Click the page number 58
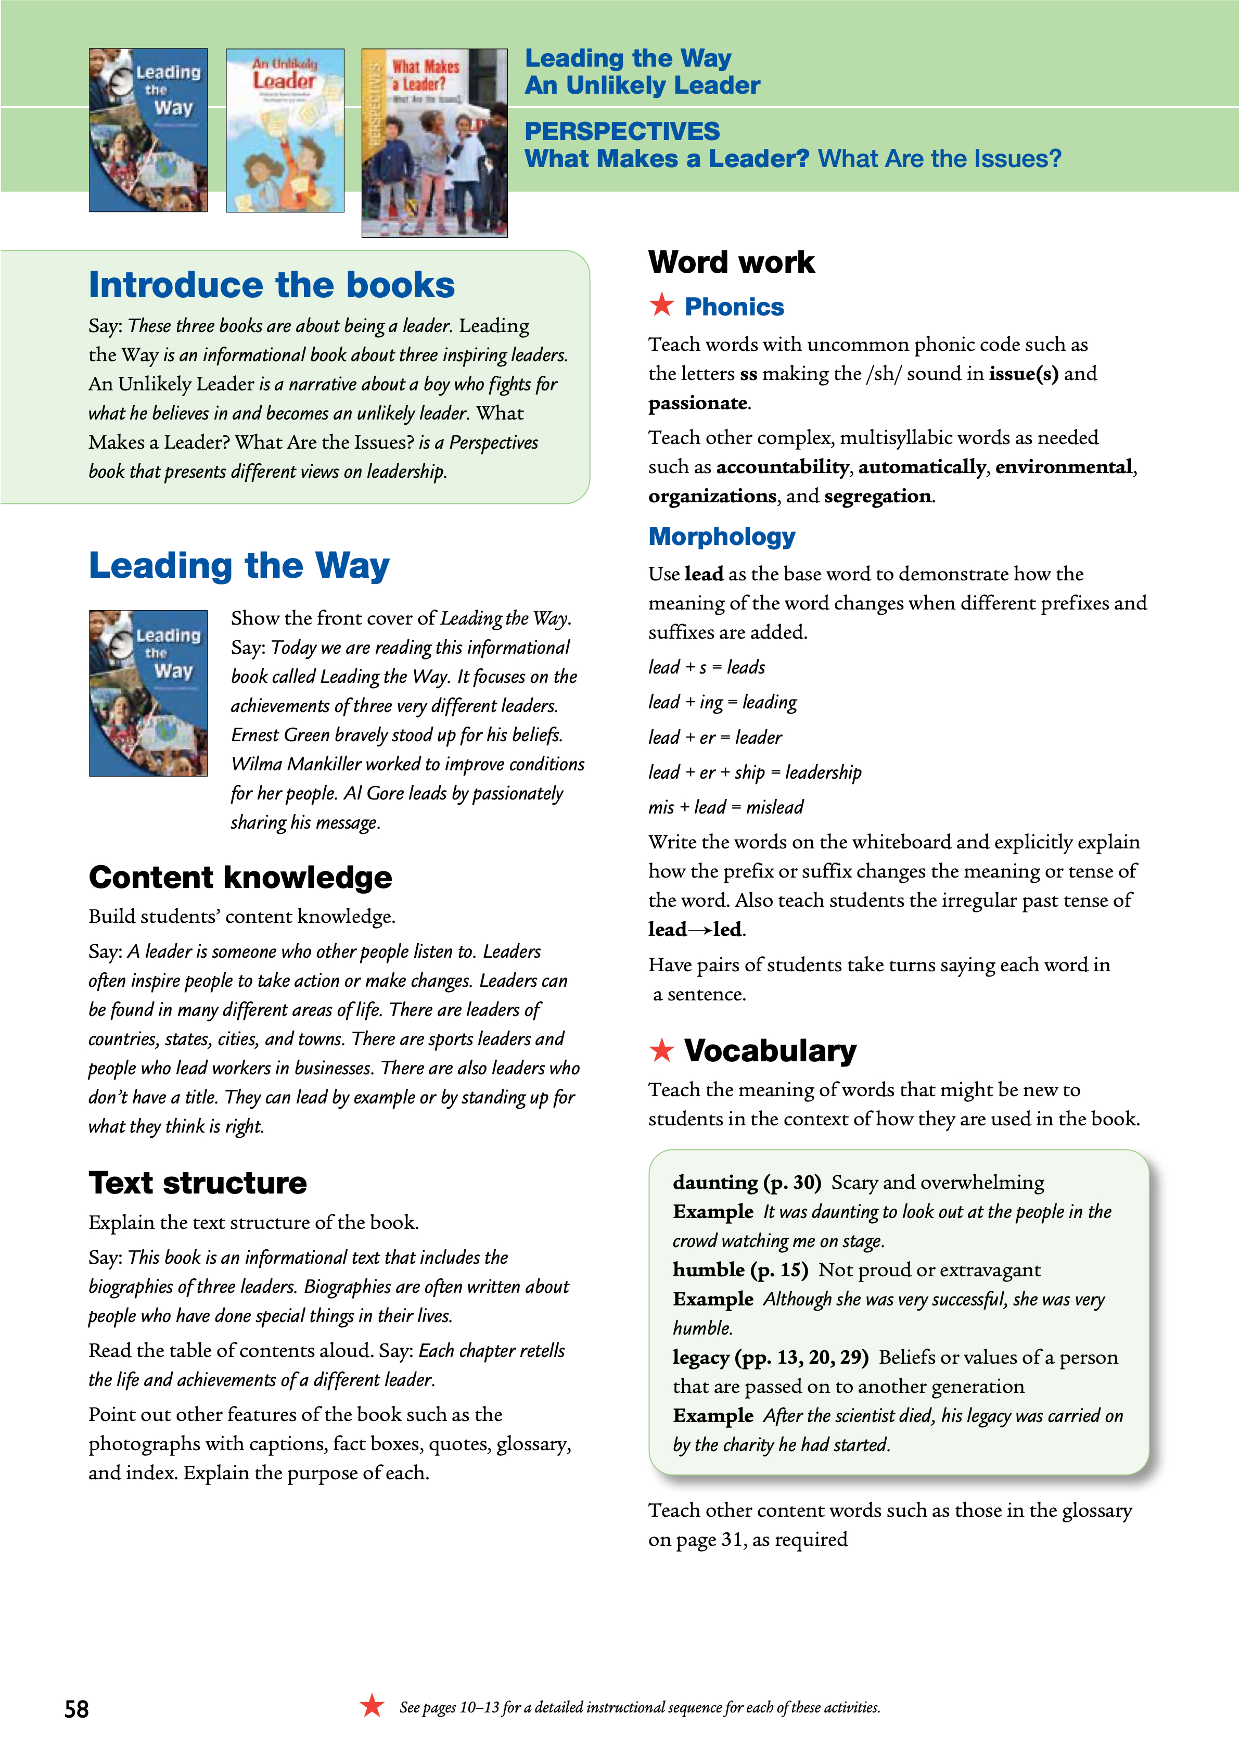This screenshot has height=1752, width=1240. point(76,1708)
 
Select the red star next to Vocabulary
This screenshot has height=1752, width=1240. point(661,1050)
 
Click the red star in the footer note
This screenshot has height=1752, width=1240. point(372,1705)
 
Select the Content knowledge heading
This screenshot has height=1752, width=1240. point(240,878)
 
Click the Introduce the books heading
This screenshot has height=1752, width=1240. point(271,285)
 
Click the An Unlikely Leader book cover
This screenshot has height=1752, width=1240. point(285,131)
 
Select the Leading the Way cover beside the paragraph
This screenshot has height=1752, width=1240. point(148,693)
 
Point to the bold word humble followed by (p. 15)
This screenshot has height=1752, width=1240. point(709,1269)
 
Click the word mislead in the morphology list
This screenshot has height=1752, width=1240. point(774,807)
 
